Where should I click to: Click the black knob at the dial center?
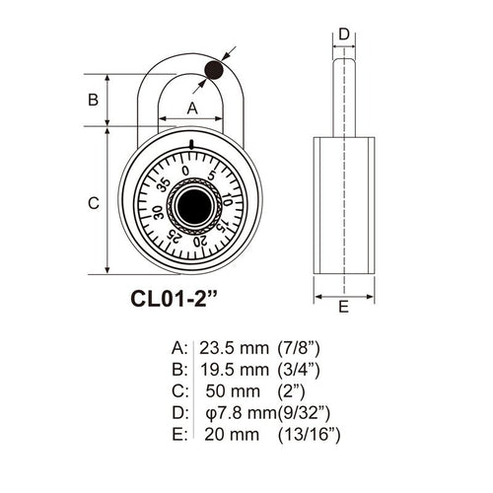tap(193, 205)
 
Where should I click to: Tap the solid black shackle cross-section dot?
tap(214, 70)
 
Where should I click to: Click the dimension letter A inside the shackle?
tap(192, 107)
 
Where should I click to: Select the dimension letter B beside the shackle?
tap(94, 100)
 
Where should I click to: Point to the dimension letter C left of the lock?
tap(94, 203)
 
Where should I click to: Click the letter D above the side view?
tap(344, 35)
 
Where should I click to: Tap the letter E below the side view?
tap(343, 307)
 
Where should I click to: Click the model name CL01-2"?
tap(175, 299)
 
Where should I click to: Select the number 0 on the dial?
tap(185, 171)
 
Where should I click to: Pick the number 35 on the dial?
tap(164, 185)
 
